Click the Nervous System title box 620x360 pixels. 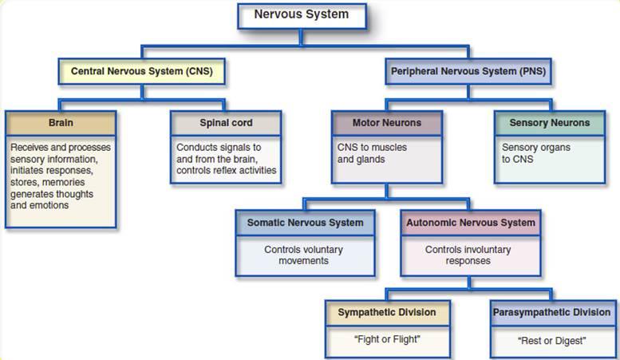click(302, 14)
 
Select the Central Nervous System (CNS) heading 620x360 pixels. click(141, 71)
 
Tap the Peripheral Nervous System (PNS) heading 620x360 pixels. click(468, 71)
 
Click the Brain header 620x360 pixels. click(61, 124)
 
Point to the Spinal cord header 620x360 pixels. click(226, 124)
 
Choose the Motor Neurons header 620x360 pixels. click(386, 124)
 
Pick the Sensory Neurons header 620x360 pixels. click(549, 123)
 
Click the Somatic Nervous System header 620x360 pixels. click(305, 223)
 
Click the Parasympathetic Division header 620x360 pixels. click(551, 312)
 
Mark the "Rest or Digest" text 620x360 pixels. click(551, 341)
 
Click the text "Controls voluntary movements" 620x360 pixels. click(304, 255)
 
